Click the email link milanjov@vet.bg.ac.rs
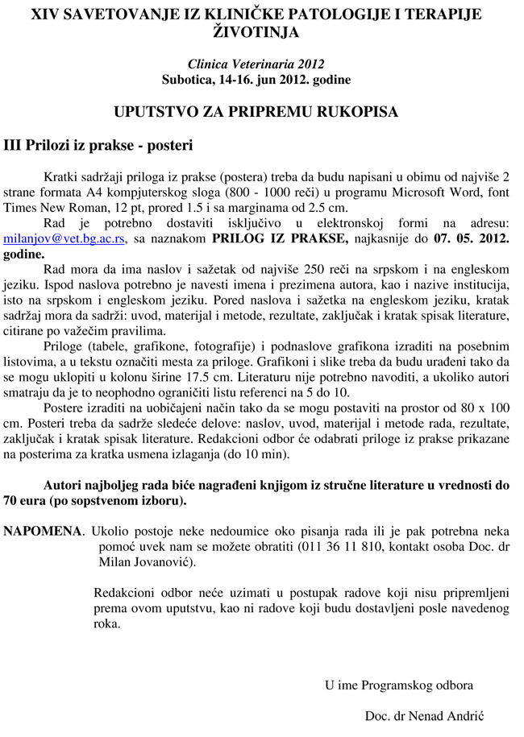pos(64,239)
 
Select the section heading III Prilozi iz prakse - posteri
pos(98,147)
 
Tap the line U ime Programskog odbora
pos(399,685)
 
